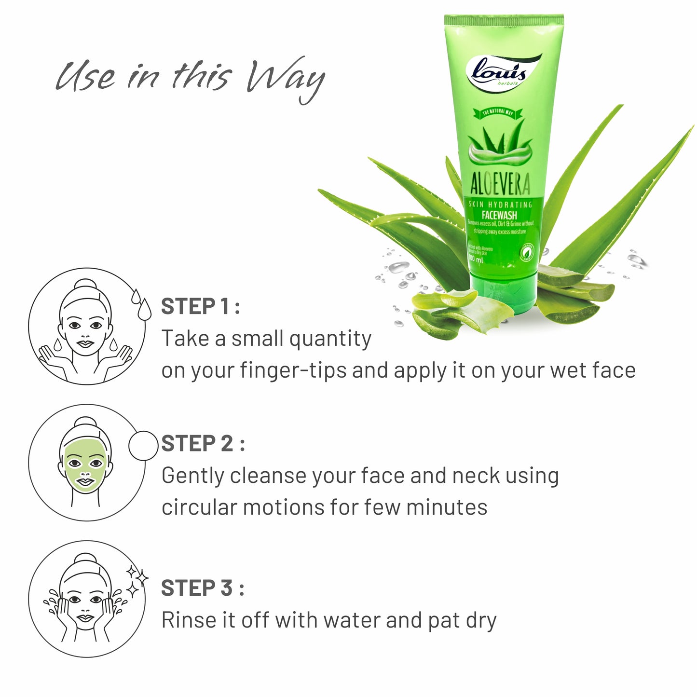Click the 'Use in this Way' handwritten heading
190,77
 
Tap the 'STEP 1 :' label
200,307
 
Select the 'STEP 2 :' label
203,444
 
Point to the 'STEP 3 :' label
203,588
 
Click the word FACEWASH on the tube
499,215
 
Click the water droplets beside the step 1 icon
140,302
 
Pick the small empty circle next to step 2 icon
143,445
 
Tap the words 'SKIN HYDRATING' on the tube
500,205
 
